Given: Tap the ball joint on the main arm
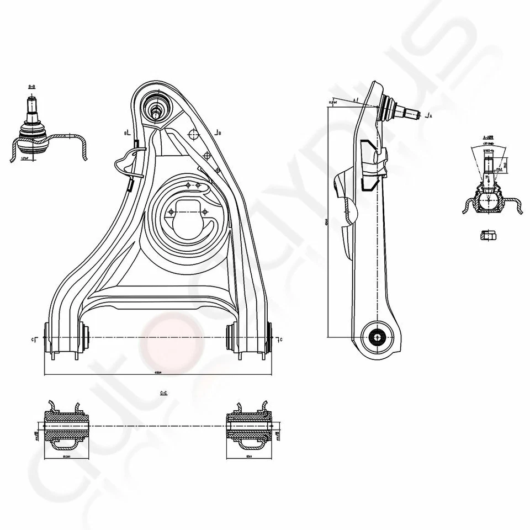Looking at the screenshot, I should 156,105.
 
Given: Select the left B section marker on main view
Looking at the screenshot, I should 127,133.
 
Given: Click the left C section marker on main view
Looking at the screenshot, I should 34,338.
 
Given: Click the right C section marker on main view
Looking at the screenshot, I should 280,338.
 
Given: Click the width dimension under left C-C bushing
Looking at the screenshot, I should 66,456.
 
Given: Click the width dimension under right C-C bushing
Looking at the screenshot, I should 250,456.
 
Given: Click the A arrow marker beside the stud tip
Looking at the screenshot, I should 428,116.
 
